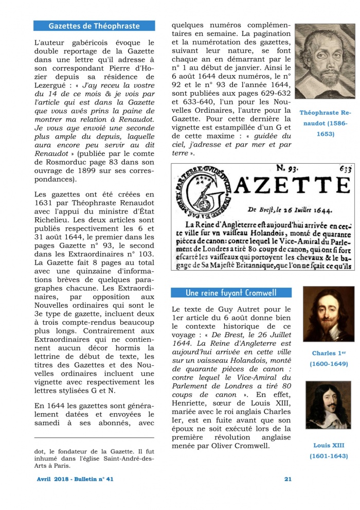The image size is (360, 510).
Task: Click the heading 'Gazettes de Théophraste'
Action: (x=94, y=26)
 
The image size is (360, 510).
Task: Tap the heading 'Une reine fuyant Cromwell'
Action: (x=231, y=293)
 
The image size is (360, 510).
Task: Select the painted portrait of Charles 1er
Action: (x=328, y=314)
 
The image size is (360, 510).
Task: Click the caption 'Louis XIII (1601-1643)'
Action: (x=328, y=451)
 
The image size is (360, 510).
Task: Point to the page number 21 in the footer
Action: (x=288, y=479)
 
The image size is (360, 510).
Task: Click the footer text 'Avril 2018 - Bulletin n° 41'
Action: (x=75, y=479)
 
